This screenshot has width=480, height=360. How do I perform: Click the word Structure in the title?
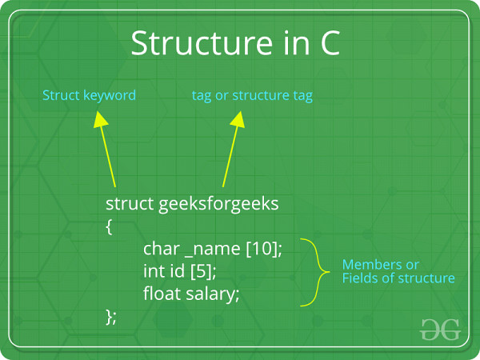[186, 44]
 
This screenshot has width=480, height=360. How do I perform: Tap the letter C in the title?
[327, 44]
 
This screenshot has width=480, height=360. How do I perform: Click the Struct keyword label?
[89, 95]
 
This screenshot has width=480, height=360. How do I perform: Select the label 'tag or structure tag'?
[252, 95]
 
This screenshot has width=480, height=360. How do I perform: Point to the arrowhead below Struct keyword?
[99, 120]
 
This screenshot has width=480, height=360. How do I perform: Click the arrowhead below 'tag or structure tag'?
[237, 120]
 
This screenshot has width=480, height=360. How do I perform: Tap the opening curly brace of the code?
[109, 226]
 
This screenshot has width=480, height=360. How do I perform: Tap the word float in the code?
[162, 294]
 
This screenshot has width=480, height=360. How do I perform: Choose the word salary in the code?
[213, 294]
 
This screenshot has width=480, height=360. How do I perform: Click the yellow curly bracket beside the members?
[318, 271]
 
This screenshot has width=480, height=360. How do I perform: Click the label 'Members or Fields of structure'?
[398, 271]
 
